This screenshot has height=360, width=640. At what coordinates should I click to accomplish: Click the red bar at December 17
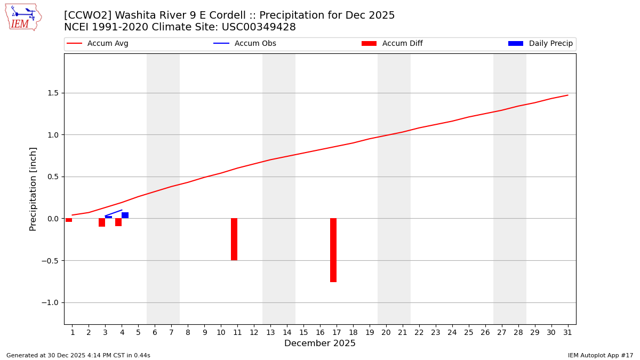[x=333, y=250]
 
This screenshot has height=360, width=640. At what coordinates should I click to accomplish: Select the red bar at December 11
[x=234, y=239]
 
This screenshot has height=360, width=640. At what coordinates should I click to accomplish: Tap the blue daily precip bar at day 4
[x=125, y=215]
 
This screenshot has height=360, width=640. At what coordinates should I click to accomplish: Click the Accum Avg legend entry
[x=98, y=44]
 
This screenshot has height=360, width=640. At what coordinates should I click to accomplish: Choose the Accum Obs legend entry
[x=245, y=44]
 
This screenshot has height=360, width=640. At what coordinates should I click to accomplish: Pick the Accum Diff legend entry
[x=393, y=44]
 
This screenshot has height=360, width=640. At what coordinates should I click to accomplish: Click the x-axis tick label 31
[x=567, y=333]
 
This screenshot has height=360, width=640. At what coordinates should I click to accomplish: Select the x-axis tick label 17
[x=337, y=333]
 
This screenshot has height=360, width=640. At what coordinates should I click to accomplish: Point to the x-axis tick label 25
[x=468, y=333]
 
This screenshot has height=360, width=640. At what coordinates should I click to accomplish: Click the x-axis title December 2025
[x=320, y=343]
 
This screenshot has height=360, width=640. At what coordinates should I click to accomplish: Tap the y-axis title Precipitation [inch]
[x=33, y=189]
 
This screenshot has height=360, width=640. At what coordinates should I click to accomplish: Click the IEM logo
[x=23, y=17]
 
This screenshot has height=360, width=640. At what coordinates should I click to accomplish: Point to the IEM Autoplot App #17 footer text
[x=601, y=355]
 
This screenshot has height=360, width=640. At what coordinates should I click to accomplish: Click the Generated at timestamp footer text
[x=78, y=355]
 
